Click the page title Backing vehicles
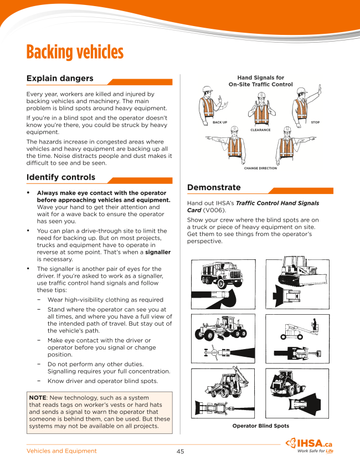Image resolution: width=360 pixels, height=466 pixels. pyautogui.click(x=75, y=53)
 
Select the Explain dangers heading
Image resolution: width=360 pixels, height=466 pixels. pyautogui.click(x=60, y=78)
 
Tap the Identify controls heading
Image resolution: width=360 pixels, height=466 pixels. pyautogui.click(x=61, y=177)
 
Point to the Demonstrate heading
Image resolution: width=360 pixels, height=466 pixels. pyautogui.click(x=214, y=187)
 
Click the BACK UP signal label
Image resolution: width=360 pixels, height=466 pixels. pyautogui.click(x=220, y=122)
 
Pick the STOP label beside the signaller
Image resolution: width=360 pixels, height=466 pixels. pyautogui.click(x=315, y=122)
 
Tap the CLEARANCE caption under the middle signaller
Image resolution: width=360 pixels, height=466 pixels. pyautogui.click(x=260, y=130)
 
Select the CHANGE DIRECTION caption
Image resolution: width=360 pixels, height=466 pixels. pyautogui.click(x=260, y=168)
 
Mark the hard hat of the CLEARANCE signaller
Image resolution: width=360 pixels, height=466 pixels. pyautogui.click(x=261, y=95)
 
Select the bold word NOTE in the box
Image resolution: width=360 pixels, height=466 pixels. pyautogui.click(x=38, y=398)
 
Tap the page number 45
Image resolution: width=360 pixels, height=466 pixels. pyautogui.click(x=180, y=451)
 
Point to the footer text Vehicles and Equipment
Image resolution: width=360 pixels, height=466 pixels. pyautogui.click(x=61, y=451)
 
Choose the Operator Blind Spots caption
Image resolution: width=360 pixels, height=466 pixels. pyautogui.click(x=260, y=426)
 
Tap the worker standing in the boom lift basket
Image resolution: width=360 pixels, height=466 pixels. pyautogui.click(x=314, y=323)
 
